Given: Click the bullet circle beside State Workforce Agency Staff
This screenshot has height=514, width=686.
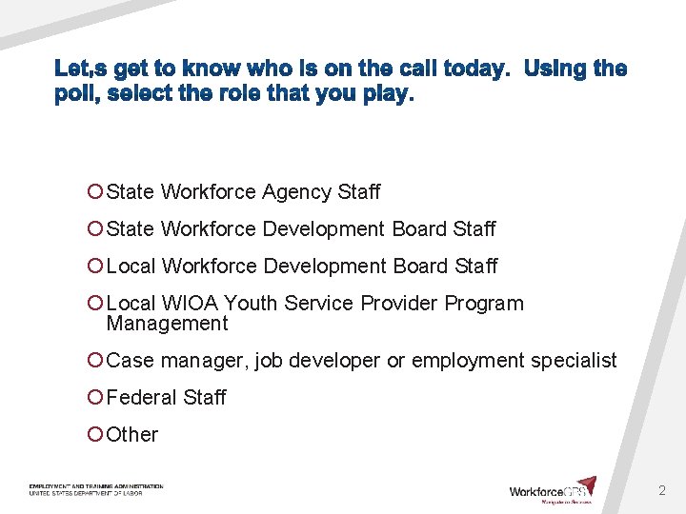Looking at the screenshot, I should coord(95,192).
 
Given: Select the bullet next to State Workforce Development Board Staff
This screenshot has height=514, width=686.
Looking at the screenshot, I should coord(95,229).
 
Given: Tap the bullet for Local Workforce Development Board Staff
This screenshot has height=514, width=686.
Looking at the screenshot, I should coord(95,267).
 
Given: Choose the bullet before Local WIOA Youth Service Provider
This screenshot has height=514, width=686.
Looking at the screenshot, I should coord(95,304).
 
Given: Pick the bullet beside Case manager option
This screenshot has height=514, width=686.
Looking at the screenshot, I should coord(95,361).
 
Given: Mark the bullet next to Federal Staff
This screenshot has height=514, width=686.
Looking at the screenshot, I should coord(95,398).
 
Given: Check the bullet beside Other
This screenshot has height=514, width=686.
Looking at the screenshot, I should coord(95,435).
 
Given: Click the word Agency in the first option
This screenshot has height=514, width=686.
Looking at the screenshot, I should coord(295,192).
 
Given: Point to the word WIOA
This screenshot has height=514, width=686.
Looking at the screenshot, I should coord(191,304).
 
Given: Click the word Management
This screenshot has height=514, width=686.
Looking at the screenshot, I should coord(167,324).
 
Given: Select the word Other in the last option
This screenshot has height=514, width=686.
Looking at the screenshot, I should coord(132,435).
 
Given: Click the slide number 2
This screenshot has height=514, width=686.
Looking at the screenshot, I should coord(662,491).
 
